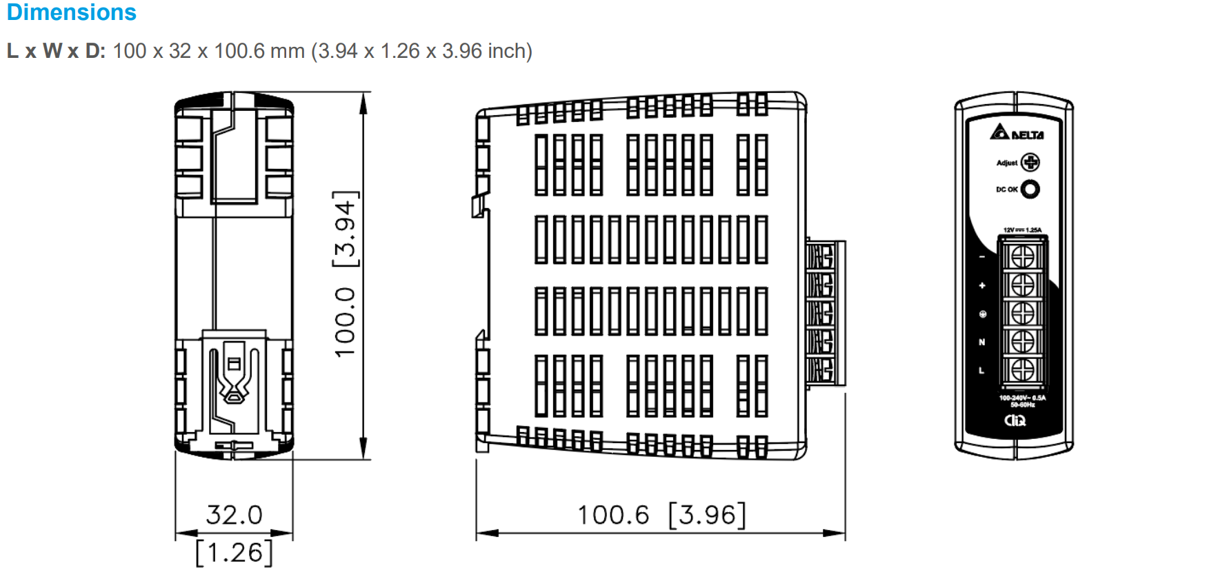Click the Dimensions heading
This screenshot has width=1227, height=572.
point(71,12)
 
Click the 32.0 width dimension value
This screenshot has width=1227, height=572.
point(234,515)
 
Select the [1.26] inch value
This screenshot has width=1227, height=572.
point(234,553)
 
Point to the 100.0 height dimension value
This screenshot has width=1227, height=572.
point(345,322)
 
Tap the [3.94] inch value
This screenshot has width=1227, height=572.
point(345,229)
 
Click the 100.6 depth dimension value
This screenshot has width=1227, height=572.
point(613,515)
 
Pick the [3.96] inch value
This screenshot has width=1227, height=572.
point(708,515)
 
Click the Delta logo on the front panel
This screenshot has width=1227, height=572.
point(1017,132)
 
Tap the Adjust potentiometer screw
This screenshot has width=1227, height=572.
point(1030,163)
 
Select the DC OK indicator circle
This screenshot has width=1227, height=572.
point(1030,189)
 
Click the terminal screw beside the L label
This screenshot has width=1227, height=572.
point(1022,369)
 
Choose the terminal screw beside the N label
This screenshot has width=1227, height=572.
point(1022,341)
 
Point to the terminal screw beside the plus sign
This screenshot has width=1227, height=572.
point(1022,285)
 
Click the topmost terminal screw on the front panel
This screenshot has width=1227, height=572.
point(1022,256)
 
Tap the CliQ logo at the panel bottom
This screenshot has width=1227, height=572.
point(1015,420)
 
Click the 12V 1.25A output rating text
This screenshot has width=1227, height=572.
point(1022,230)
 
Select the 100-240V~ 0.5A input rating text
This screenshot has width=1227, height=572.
point(1022,398)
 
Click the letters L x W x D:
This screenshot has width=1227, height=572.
point(56,51)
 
